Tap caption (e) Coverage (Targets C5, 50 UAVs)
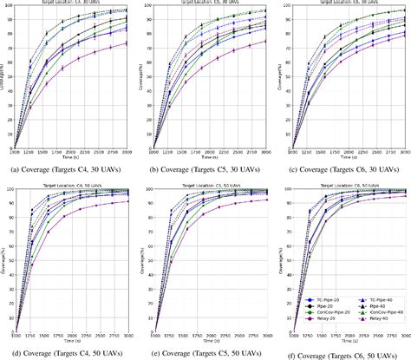click(205, 354)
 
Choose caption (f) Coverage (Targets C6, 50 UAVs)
click(342, 354)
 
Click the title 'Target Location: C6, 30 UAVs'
click(347, 3)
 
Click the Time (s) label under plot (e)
click(210, 342)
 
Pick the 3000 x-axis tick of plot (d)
click(127, 335)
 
